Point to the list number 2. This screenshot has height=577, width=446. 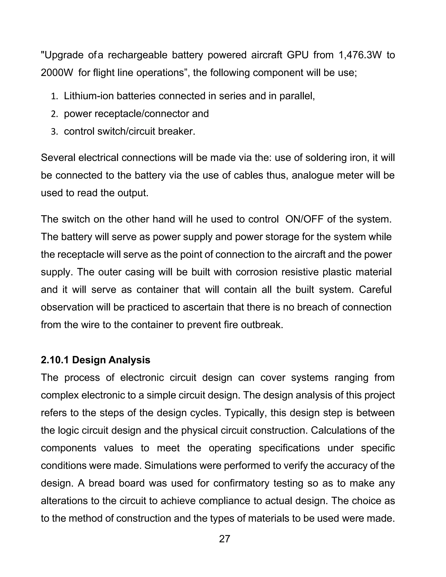point(54,114)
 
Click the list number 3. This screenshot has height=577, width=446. point(54,132)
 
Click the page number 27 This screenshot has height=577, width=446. point(224,539)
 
